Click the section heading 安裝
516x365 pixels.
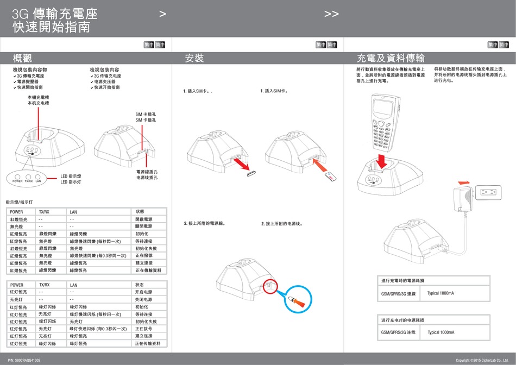click(x=194, y=58)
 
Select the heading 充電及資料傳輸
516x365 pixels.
click(x=390, y=58)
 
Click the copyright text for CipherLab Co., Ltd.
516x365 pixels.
click(x=481, y=360)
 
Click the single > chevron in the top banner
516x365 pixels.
click(x=162, y=14)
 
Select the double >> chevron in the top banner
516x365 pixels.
click(x=331, y=14)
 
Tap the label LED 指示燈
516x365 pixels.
click(x=71, y=176)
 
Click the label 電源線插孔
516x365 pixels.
click(x=147, y=172)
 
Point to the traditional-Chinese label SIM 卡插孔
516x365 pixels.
click(x=146, y=114)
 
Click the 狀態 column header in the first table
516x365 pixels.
click(x=140, y=211)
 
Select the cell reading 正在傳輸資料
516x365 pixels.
click(x=148, y=270)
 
